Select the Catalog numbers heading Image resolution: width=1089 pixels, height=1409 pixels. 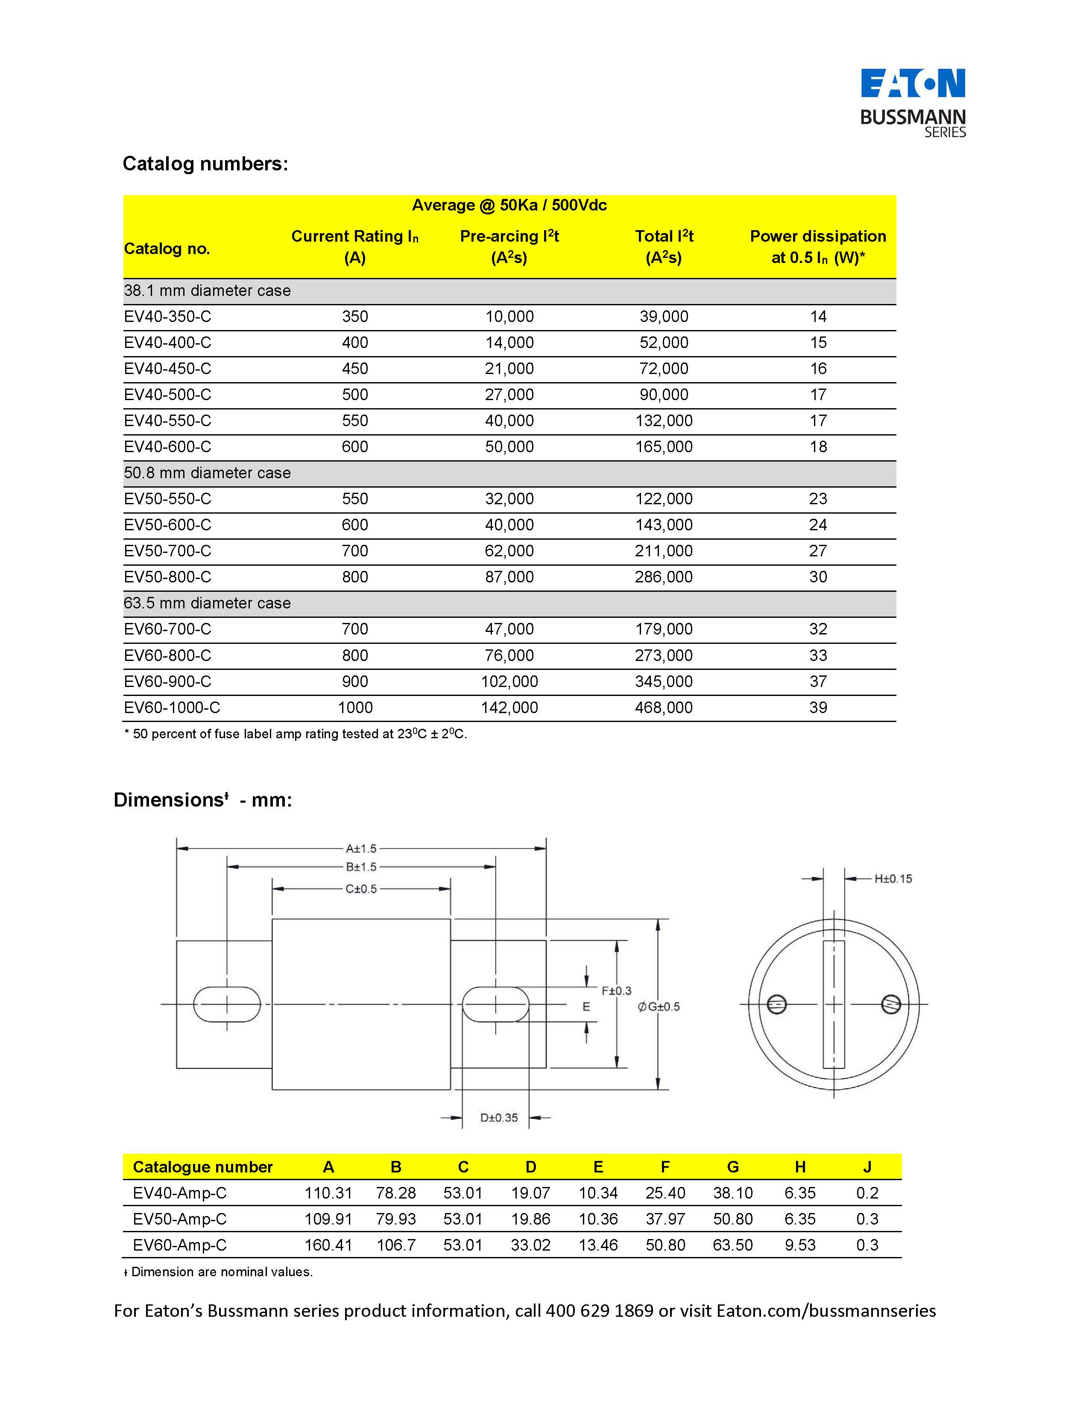(x=205, y=164)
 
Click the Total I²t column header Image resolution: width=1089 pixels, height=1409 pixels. (x=664, y=246)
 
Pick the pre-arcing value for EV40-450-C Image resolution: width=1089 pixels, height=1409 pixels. (x=509, y=369)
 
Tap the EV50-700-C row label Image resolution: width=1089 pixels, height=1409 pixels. (x=168, y=551)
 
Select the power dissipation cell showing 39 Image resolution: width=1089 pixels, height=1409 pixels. (x=818, y=708)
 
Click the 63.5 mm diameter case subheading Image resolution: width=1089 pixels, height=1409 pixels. (x=207, y=603)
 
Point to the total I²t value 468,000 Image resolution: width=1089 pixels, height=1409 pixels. (x=664, y=708)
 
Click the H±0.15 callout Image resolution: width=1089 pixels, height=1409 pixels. (x=893, y=879)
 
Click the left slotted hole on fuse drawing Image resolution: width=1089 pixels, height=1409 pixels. (x=227, y=1005)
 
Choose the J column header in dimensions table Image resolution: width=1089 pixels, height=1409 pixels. (x=867, y=1167)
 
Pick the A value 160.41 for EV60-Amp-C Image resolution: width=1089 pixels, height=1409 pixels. (x=328, y=1245)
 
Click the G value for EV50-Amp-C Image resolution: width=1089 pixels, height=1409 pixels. (x=733, y=1219)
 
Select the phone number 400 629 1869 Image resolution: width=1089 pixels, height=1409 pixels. (x=599, y=1311)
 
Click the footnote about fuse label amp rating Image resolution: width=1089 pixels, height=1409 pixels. (x=296, y=734)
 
